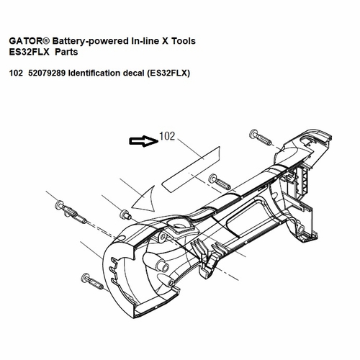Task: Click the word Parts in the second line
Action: click(66, 52)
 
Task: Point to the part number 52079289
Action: click(47, 73)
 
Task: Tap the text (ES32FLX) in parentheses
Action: click(168, 73)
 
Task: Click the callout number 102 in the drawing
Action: click(167, 136)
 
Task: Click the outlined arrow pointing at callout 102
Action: click(144, 141)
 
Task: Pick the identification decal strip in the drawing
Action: click(191, 169)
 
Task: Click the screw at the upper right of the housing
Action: click(261, 138)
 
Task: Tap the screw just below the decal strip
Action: click(220, 182)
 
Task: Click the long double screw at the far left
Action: click(71, 212)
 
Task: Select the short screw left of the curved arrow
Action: click(125, 214)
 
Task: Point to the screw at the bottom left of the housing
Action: click(92, 282)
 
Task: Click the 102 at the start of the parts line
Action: click(16, 73)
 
